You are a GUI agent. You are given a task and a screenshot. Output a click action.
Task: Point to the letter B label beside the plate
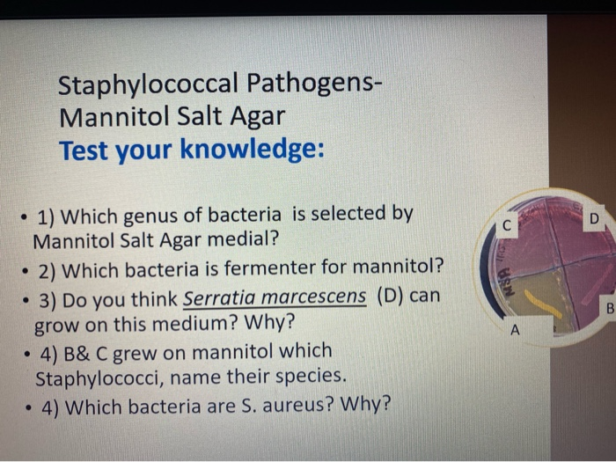pyautogui.click(x=608, y=309)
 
